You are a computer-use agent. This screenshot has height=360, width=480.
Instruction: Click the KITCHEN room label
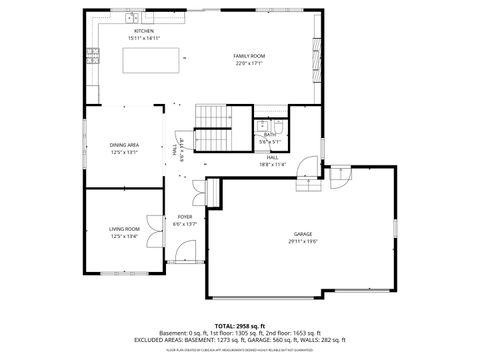[144, 31]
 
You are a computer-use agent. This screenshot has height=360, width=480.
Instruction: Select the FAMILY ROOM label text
[249, 56]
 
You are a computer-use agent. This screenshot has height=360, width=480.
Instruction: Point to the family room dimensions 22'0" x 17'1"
[249, 63]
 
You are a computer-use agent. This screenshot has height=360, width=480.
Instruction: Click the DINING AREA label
[124, 145]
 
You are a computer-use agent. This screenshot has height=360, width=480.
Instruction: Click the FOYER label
[185, 216]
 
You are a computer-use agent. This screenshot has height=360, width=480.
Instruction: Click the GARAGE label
[303, 233]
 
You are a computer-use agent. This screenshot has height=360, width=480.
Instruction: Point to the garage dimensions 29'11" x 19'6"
[303, 240]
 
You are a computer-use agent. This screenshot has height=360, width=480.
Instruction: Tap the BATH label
[270, 135]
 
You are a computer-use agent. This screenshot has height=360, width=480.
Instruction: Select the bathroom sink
[280, 126]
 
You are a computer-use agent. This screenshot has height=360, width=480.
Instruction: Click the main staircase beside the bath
[212, 128]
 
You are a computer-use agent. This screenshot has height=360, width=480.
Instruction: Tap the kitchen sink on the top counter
[132, 19]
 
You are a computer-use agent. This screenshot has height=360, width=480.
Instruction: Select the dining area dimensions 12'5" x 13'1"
[124, 152]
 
